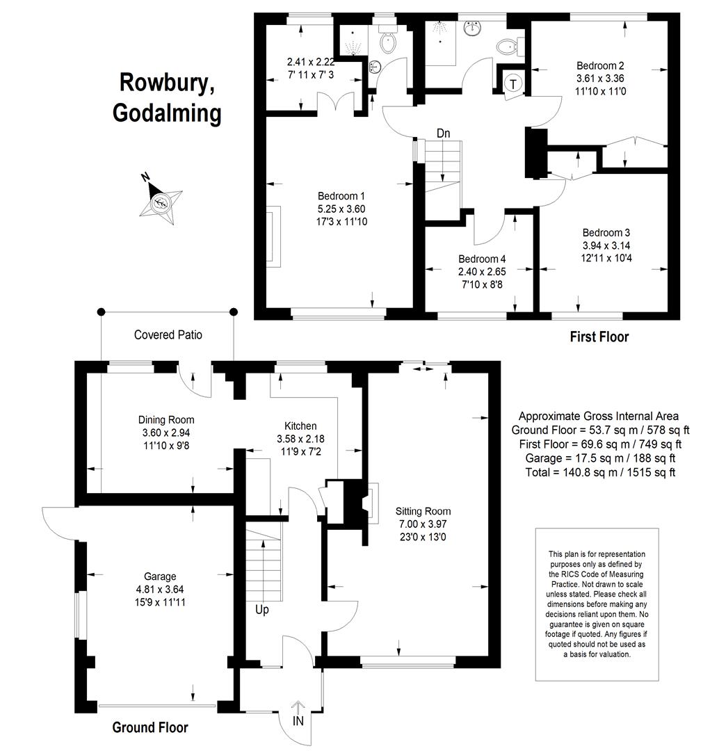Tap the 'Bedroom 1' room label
341,196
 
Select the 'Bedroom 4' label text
482,259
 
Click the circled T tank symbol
513,84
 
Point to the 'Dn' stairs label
444,133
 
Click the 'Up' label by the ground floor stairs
262,611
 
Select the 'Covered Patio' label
168,334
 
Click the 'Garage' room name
160,576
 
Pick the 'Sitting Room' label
423,512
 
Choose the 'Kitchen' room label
300,426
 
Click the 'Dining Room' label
166,420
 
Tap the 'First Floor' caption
599,337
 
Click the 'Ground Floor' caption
150,727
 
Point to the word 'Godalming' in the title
167,113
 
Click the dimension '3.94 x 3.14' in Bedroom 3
606,245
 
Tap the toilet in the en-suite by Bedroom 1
388,41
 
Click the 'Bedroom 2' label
600,65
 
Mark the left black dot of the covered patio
101,312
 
